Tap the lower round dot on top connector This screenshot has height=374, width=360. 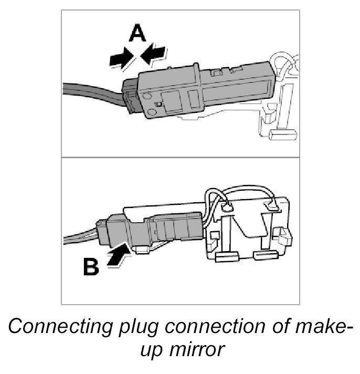(x=151, y=111)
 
